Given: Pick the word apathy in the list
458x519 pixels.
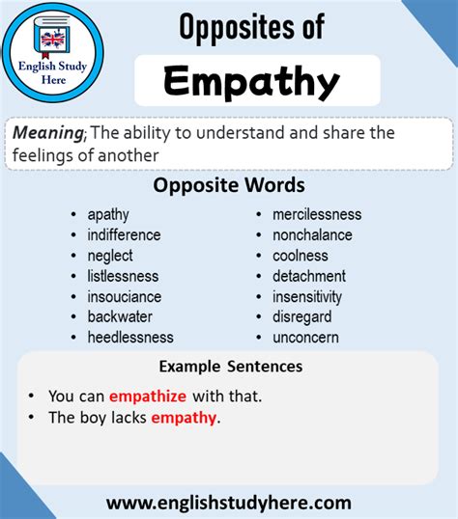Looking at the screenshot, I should tap(108, 214).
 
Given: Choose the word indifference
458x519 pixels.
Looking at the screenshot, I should tap(124, 234).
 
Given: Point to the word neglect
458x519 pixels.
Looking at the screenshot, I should tap(110, 256).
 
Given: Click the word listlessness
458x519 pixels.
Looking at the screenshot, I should tap(123, 276).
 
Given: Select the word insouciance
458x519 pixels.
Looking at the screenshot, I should tap(124, 296).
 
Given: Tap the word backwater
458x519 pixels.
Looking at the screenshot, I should tap(120, 316).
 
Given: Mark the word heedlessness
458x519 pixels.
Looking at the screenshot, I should tap(130, 337).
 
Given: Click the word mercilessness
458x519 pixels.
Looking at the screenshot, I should tap(317, 214).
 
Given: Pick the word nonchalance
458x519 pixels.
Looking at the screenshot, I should tap(312, 234).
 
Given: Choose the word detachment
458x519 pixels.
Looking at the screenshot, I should tap(308, 276).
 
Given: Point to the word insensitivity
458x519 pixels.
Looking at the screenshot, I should tap(307, 296).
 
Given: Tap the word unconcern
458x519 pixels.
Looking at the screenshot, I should tap(304, 337).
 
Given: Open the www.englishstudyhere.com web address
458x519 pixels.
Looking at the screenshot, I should tap(228, 502).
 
